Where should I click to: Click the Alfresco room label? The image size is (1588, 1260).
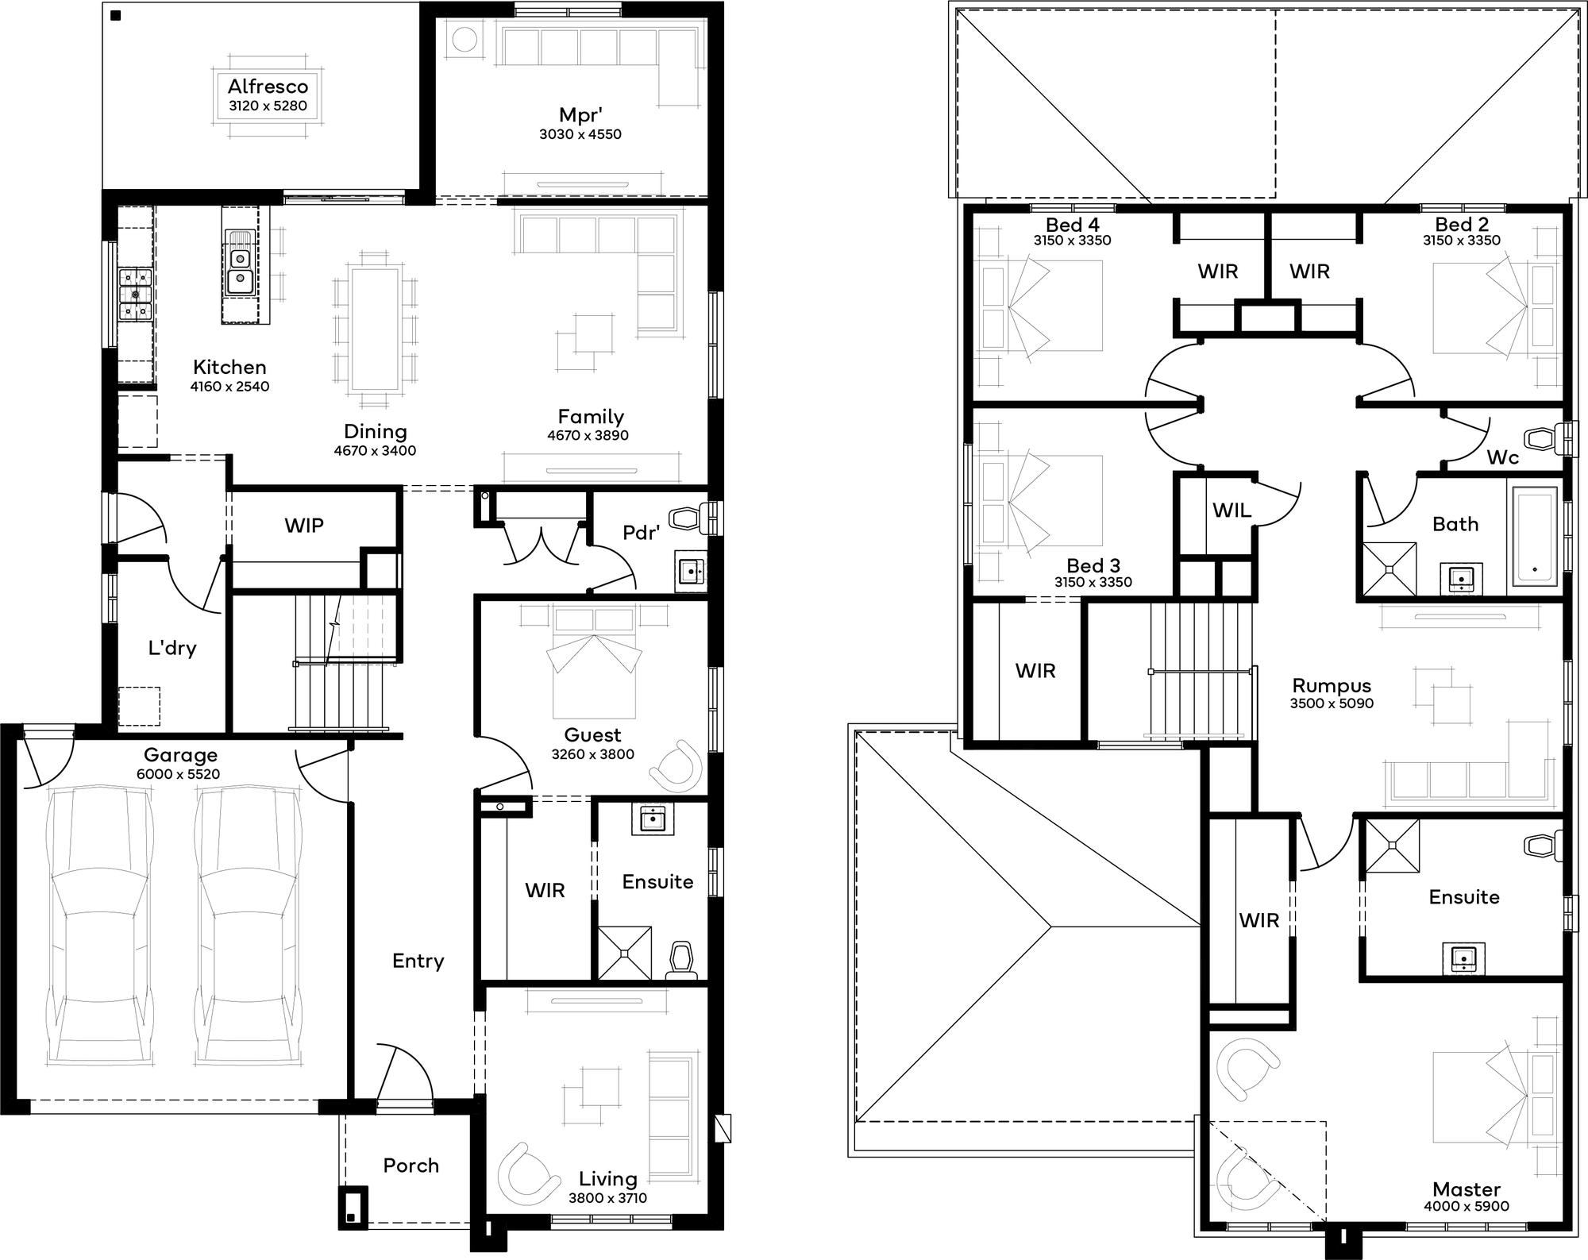point(268,87)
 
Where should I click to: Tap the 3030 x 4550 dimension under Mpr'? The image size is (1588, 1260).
point(580,134)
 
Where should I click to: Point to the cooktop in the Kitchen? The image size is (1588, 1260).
point(135,294)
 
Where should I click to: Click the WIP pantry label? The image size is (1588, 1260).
point(304,526)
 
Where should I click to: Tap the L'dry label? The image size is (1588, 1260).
point(172,648)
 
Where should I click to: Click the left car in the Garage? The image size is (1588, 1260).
point(101,910)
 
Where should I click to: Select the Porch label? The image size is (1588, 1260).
point(410,1166)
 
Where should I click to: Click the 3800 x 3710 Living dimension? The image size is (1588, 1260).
point(608,1198)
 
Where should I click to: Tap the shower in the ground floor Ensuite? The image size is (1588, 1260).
point(624,952)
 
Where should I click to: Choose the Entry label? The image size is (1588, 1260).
point(418,961)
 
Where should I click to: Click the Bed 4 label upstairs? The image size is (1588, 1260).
point(1072,225)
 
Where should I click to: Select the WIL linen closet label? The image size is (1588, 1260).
point(1231,511)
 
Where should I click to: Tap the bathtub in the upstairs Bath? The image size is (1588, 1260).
point(1534,537)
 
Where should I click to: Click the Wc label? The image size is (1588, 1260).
point(1502,457)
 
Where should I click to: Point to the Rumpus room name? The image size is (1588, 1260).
point(1332,685)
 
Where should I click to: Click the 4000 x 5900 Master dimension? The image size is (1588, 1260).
point(1467,1206)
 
